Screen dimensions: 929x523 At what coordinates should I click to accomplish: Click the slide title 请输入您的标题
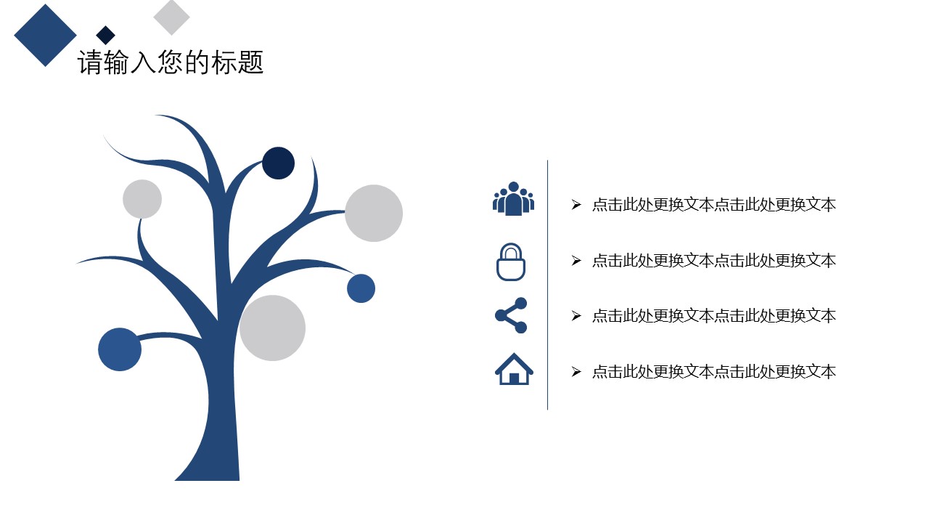click(x=171, y=62)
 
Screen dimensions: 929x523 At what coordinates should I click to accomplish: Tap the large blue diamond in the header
click(x=45, y=36)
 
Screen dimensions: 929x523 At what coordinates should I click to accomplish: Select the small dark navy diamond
click(x=105, y=35)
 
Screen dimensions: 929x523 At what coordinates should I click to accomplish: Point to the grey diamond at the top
click(x=171, y=17)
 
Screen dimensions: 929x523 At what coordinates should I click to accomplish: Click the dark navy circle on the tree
click(x=278, y=163)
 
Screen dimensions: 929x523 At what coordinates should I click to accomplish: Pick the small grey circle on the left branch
click(x=142, y=199)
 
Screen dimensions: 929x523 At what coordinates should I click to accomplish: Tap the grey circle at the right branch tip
click(x=374, y=213)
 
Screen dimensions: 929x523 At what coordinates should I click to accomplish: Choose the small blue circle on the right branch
click(x=361, y=288)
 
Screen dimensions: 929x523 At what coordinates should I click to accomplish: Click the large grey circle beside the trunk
click(x=272, y=328)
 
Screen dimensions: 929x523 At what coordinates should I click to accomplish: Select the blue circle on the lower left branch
click(x=120, y=349)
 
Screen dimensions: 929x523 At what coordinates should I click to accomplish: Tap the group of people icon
click(x=513, y=199)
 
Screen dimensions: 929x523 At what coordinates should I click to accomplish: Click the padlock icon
click(x=511, y=262)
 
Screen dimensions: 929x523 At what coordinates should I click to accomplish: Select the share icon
click(x=511, y=315)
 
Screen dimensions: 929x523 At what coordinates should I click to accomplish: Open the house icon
click(x=514, y=369)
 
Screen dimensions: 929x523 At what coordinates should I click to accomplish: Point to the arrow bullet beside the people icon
click(x=576, y=205)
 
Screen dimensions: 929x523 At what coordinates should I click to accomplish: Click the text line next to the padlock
click(x=713, y=261)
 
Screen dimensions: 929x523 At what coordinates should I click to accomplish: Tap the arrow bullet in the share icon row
click(x=576, y=316)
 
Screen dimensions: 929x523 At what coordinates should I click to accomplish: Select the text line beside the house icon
click(x=713, y=371)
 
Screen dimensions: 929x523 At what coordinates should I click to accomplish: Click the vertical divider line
click(x=547, y=285)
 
